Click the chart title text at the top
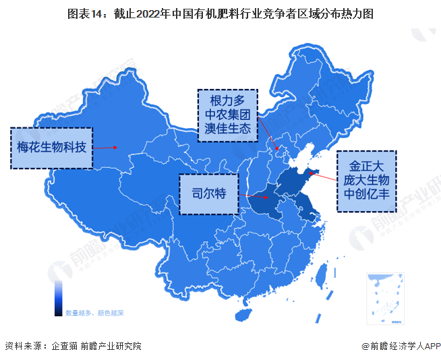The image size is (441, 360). pyautogui.click(x=220, y=13)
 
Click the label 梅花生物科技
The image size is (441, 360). pyautogui.click(x=51, y=146)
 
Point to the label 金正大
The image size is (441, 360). pyautogui.click(x=366, y=164)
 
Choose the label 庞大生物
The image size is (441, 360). pyautogui.click(x=366, y=180)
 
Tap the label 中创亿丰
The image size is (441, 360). pyautogui.click(x=366, y=195)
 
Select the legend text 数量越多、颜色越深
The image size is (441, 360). pyautogui.click(x=95, y=313)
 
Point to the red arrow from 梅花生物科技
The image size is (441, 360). pyautogui.click(x=104, y=147)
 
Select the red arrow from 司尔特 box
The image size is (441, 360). pyautogui.click(x=255, y=198)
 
